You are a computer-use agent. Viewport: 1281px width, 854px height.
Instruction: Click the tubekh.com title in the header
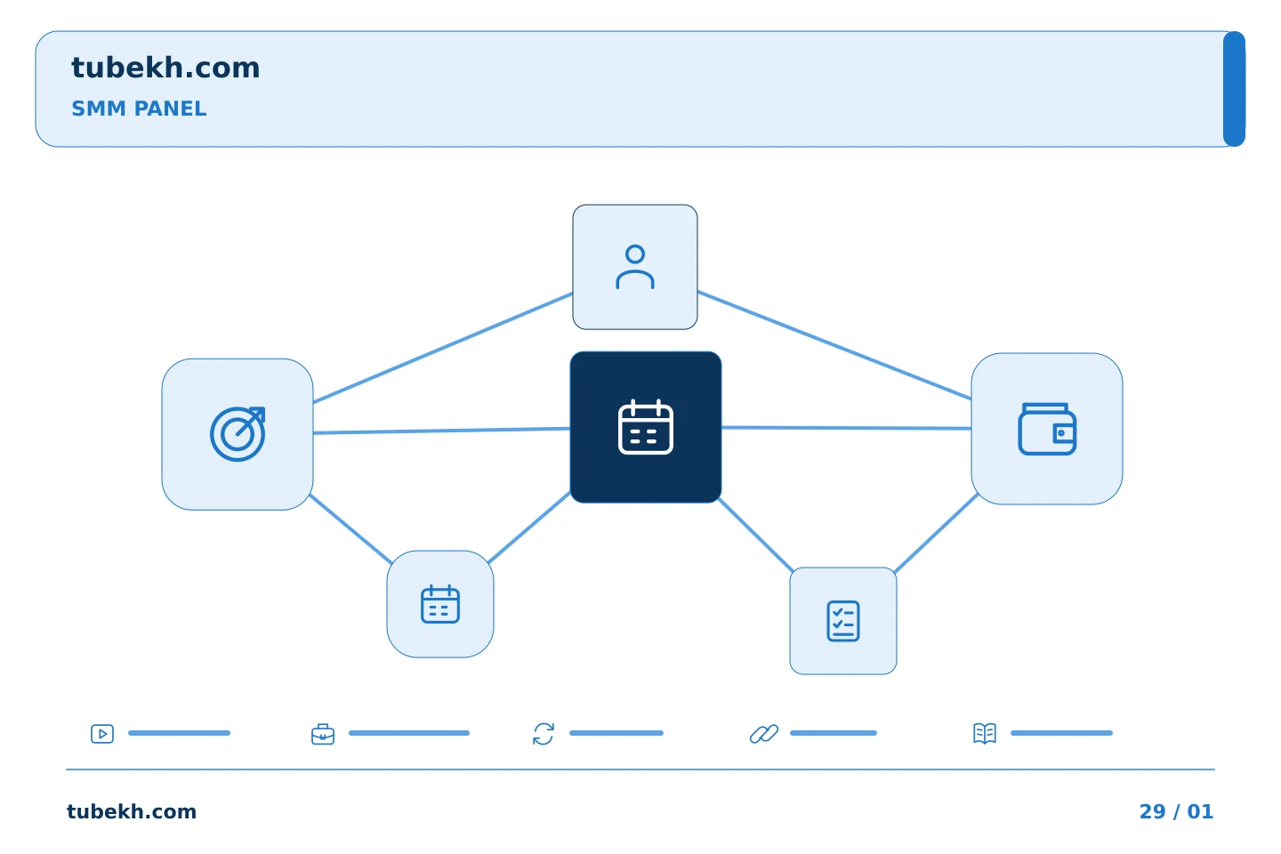pos(165,68)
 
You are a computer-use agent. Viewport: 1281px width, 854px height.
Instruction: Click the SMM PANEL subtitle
pos(139,109)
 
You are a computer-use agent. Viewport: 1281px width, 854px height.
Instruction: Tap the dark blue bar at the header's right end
pos(1234,89)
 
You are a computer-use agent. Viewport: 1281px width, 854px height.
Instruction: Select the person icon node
pos(635,267)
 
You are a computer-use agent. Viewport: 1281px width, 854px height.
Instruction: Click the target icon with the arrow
pos(238,434)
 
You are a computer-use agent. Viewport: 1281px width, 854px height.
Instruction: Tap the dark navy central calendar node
pos(646,427)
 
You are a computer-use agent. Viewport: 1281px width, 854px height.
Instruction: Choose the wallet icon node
pos(1046,429)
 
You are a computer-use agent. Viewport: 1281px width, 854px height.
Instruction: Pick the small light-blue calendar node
pos(440,604)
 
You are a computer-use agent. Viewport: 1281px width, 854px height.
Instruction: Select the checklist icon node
pos(843,621)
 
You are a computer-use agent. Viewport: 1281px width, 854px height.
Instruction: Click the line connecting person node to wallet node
pos(834,345)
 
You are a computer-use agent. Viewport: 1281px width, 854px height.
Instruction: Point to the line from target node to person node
pos(443,348)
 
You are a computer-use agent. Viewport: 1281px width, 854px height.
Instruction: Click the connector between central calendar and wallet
pos(846,427)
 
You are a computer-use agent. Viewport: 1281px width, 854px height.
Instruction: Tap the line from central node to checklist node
pos(755,535)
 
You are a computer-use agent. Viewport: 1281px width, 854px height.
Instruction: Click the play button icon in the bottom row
pos(102,733)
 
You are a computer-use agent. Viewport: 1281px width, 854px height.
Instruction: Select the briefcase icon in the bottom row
pos(323,734)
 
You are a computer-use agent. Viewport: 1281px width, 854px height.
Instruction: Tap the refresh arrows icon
pos(544,734)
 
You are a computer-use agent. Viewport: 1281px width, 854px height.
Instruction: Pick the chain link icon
pos(764,734)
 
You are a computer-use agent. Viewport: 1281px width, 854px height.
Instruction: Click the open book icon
pos(985,733)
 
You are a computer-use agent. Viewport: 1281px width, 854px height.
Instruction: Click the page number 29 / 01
pos(1176,811)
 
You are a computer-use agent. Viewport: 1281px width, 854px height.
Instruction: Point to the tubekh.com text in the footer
pos(132,811)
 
